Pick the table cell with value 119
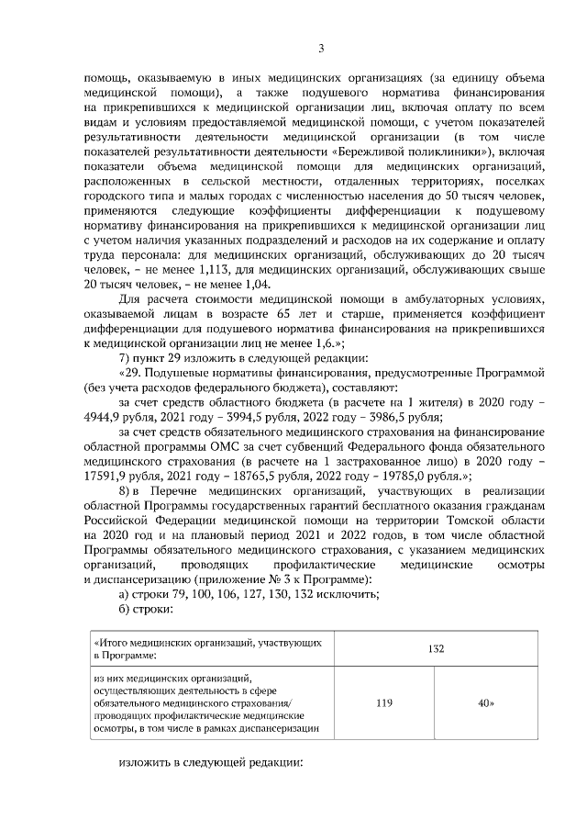coord(384,702)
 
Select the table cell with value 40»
coord(486,702)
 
